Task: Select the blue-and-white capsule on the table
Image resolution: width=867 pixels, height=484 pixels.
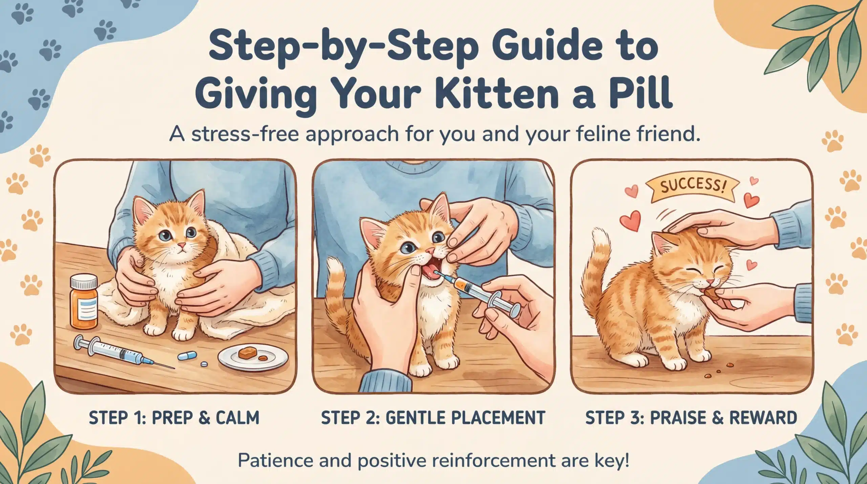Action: point(187,355)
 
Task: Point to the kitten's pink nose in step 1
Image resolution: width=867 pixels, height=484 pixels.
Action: point(182,245)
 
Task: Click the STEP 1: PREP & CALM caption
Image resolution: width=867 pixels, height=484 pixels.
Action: point(174,418)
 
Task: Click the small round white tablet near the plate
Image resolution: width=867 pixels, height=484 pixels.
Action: point(204,364)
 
